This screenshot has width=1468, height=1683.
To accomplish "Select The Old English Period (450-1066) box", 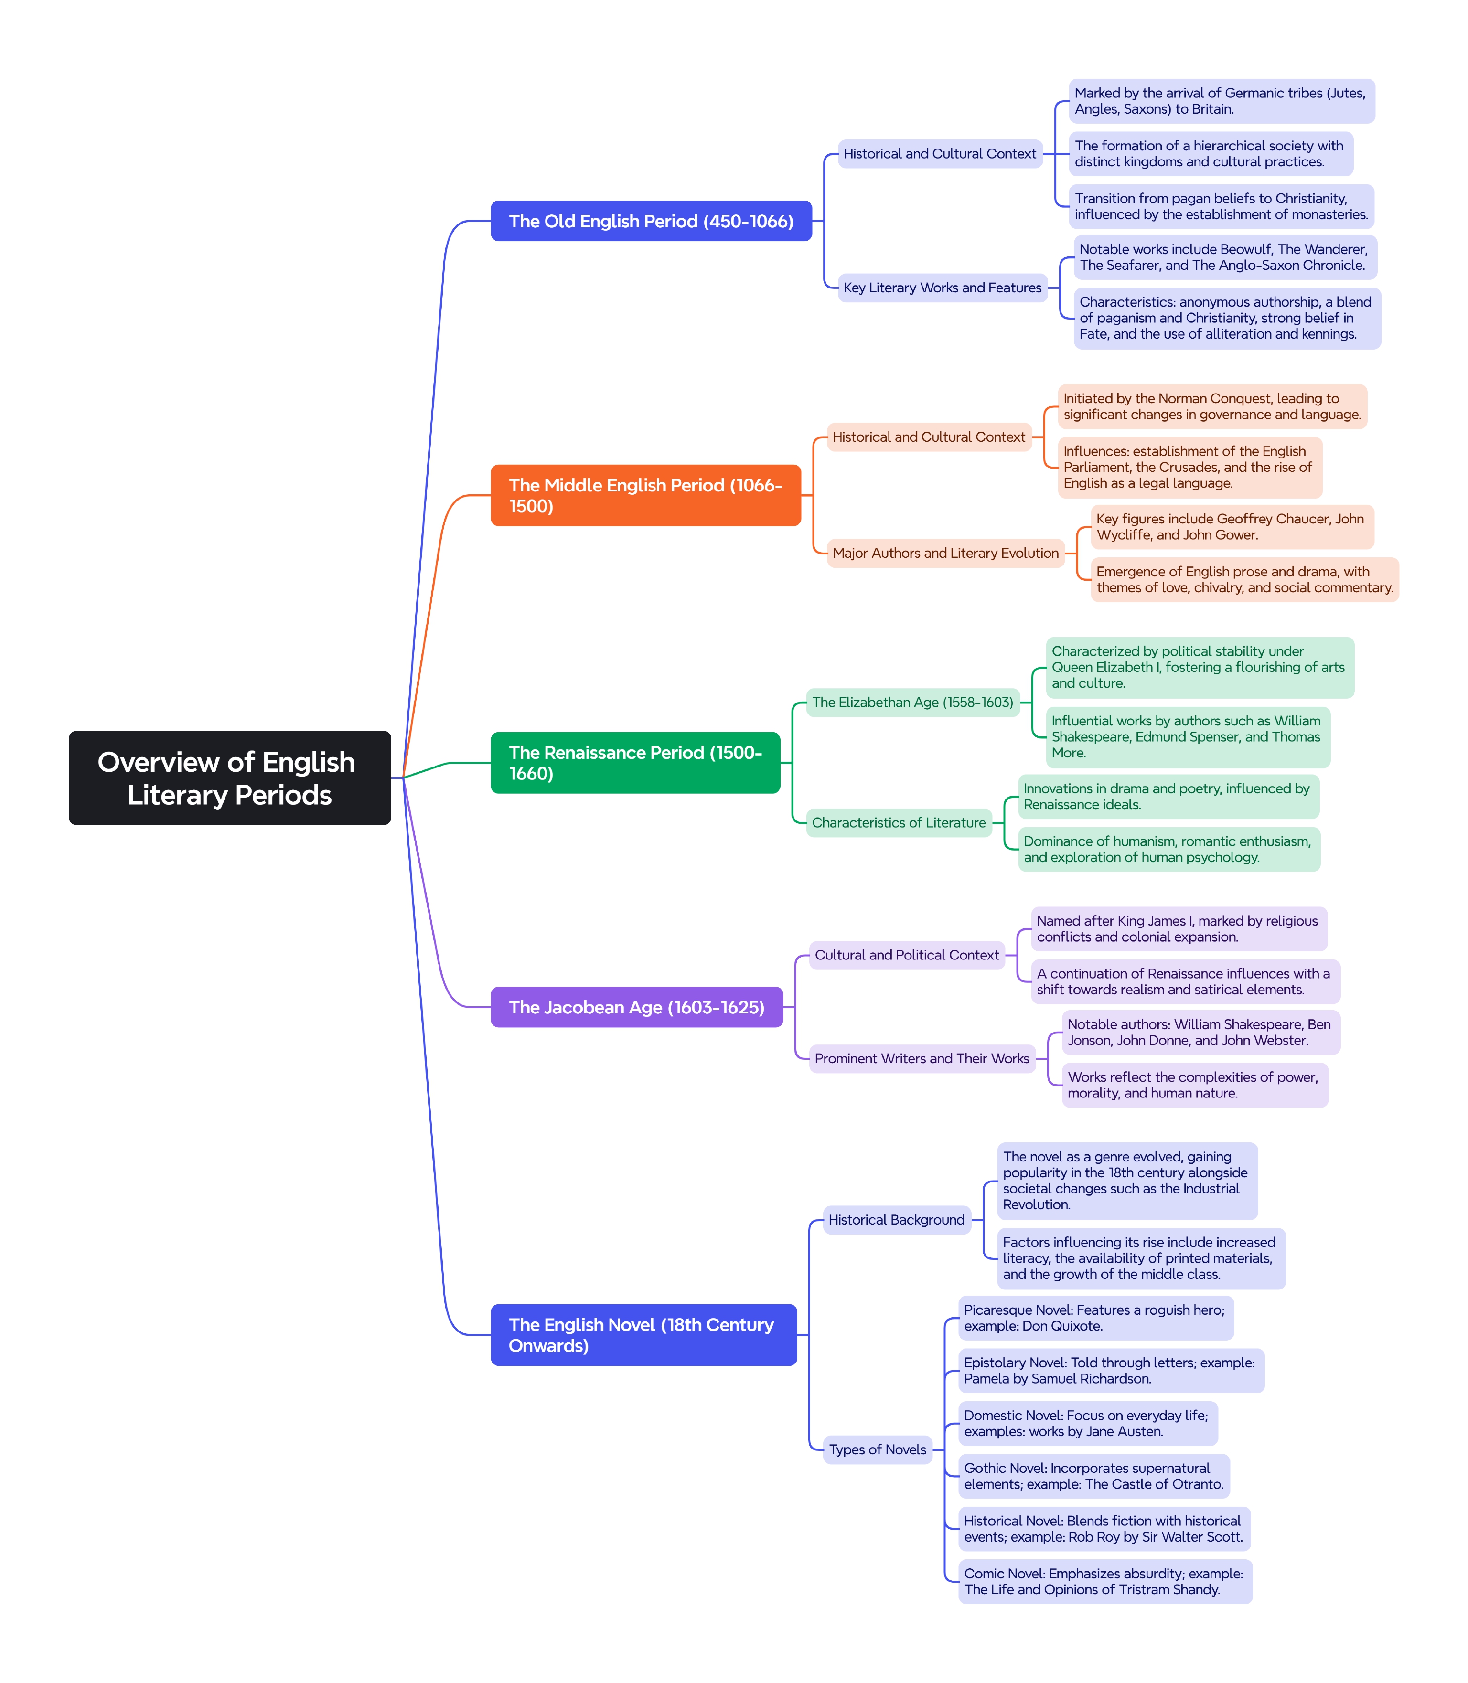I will tap(651, 221).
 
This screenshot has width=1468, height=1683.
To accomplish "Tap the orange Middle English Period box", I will tap(645, 495).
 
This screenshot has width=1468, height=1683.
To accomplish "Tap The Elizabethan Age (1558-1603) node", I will tap(912, 702).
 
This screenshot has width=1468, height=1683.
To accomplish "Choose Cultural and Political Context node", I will tap(907, 955).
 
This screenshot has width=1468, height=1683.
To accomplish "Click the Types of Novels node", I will tap(878, 1449).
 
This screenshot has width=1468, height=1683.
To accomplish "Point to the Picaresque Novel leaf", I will tap(1095, 1318).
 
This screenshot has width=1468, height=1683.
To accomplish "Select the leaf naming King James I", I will tap(1178, 929).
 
